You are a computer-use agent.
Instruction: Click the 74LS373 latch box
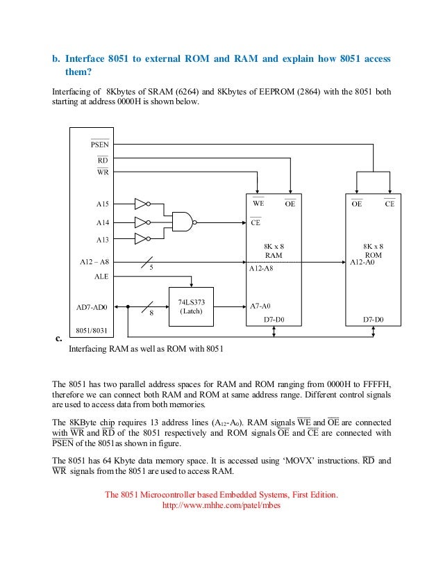tap(191, 306)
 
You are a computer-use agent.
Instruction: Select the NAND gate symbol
tap(183, 222)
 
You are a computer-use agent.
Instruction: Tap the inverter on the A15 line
tap(141, 204)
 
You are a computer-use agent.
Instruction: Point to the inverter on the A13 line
tap(141, 239)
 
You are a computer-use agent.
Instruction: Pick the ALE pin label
tap(101, 276)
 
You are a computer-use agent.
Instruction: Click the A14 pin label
tap(102, 222)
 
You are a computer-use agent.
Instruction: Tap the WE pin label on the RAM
tap(258, 204)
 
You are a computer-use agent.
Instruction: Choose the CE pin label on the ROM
tap(389, 204)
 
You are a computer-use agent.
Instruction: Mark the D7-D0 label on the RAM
tap(274, 320)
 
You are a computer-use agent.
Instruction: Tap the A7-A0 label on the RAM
tap(260, 306)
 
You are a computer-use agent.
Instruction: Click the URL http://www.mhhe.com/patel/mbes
tap(221, 506)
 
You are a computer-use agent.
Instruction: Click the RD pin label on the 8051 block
tap(101, 159)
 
